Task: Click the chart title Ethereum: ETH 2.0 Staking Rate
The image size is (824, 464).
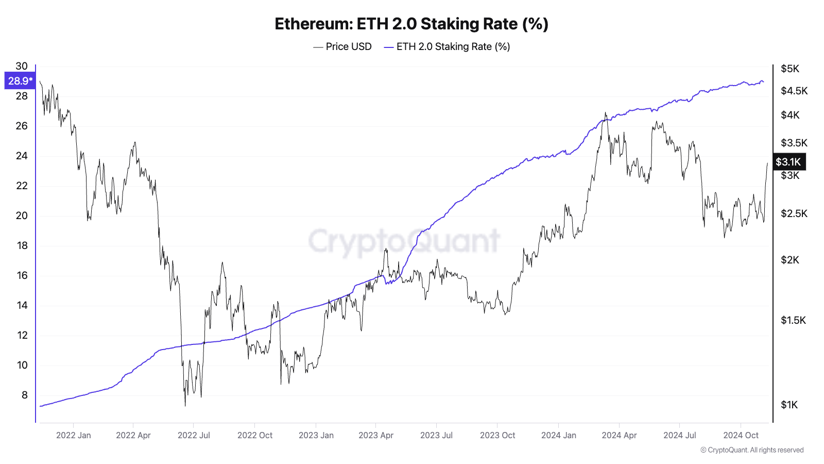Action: point(411,24)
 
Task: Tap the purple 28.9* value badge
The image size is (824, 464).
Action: point(20,81)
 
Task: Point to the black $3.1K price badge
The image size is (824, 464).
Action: point(788,162)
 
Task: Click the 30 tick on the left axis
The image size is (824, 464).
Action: point(22,66)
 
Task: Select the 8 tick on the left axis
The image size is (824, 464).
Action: point(24,395)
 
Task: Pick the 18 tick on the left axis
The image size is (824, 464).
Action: point(22,245)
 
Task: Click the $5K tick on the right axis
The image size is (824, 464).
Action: point(790,69)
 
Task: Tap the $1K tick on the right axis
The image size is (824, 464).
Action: point(789,405)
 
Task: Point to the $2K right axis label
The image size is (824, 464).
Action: point(790,260)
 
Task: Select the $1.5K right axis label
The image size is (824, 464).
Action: point(793,320)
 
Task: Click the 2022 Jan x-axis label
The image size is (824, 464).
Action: point(73,435)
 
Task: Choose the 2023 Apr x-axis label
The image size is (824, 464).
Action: point(376,435)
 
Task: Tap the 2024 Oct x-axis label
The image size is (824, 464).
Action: point(741,435)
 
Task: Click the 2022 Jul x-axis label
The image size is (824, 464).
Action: point(194,435)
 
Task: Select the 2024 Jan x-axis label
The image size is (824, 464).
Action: point(559,435)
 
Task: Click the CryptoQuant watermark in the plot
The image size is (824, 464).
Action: point(404,241)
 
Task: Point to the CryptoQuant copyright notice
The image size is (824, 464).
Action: point(752,450)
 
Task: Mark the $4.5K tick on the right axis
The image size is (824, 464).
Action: point(794,91)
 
